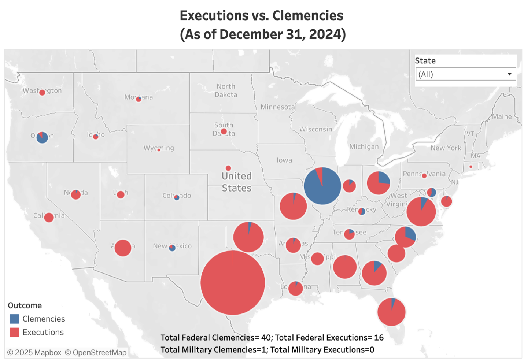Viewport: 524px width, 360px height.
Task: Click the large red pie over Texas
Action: [x=233, y=283]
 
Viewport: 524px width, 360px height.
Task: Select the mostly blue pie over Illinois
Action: [x=322, y=186]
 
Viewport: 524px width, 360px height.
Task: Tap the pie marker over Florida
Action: [x=391, y=312]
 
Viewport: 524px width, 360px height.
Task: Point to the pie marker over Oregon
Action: [x=42, y=137]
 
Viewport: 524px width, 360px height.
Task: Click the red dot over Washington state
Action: [x=42, y=92]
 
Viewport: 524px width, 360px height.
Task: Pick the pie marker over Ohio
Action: [x=378, y=183]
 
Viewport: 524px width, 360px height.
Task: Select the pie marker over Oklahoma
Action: [x=248, y=237]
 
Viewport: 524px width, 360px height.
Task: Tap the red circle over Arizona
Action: [x=123, y=248]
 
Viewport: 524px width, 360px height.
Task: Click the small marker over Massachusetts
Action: [x=471, y=167]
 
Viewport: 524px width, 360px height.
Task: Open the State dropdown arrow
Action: [x=509, y=74]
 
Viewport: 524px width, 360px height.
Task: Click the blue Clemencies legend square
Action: [x=14, y=319]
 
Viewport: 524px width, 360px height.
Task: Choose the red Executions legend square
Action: [x=14, y=332]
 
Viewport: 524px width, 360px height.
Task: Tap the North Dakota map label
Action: [x=226, y=90]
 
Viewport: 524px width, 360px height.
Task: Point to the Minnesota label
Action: [x=277, y=107]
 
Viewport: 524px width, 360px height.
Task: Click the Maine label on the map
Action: [x=502, y=116]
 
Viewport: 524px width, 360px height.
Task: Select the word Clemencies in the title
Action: [x=308, y=16]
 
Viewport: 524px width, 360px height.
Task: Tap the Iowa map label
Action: [x=284, y=160]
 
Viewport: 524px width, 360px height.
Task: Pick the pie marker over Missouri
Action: [x=293, y=206]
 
